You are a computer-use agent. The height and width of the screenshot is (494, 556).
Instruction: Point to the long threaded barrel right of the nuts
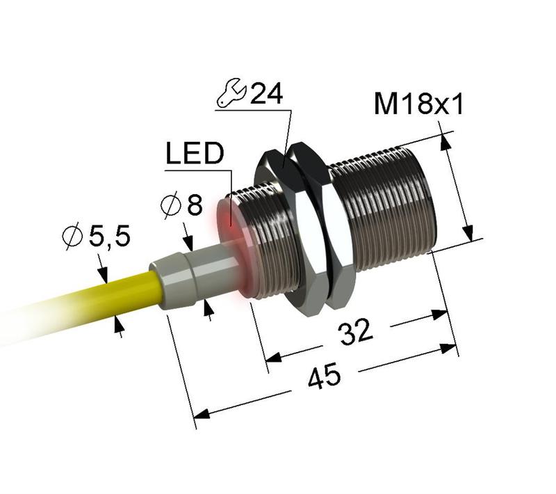386,209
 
